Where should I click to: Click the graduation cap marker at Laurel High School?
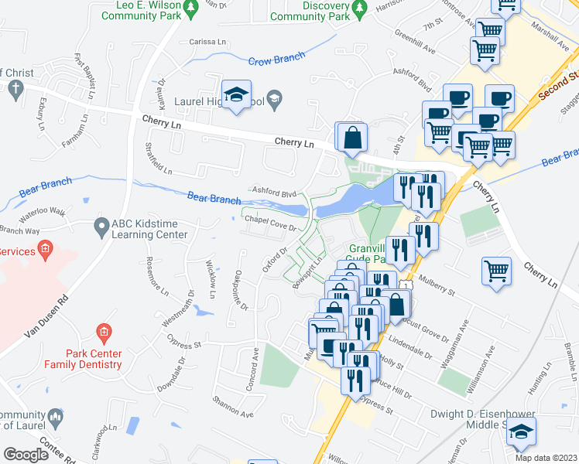coord(236,95)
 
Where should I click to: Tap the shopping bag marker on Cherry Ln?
coord(352,138)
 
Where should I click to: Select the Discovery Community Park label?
coord(313,11)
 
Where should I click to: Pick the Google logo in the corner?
coord(26,454)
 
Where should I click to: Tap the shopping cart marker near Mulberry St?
coord(495,272)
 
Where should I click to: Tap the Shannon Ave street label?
coord(233,407)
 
